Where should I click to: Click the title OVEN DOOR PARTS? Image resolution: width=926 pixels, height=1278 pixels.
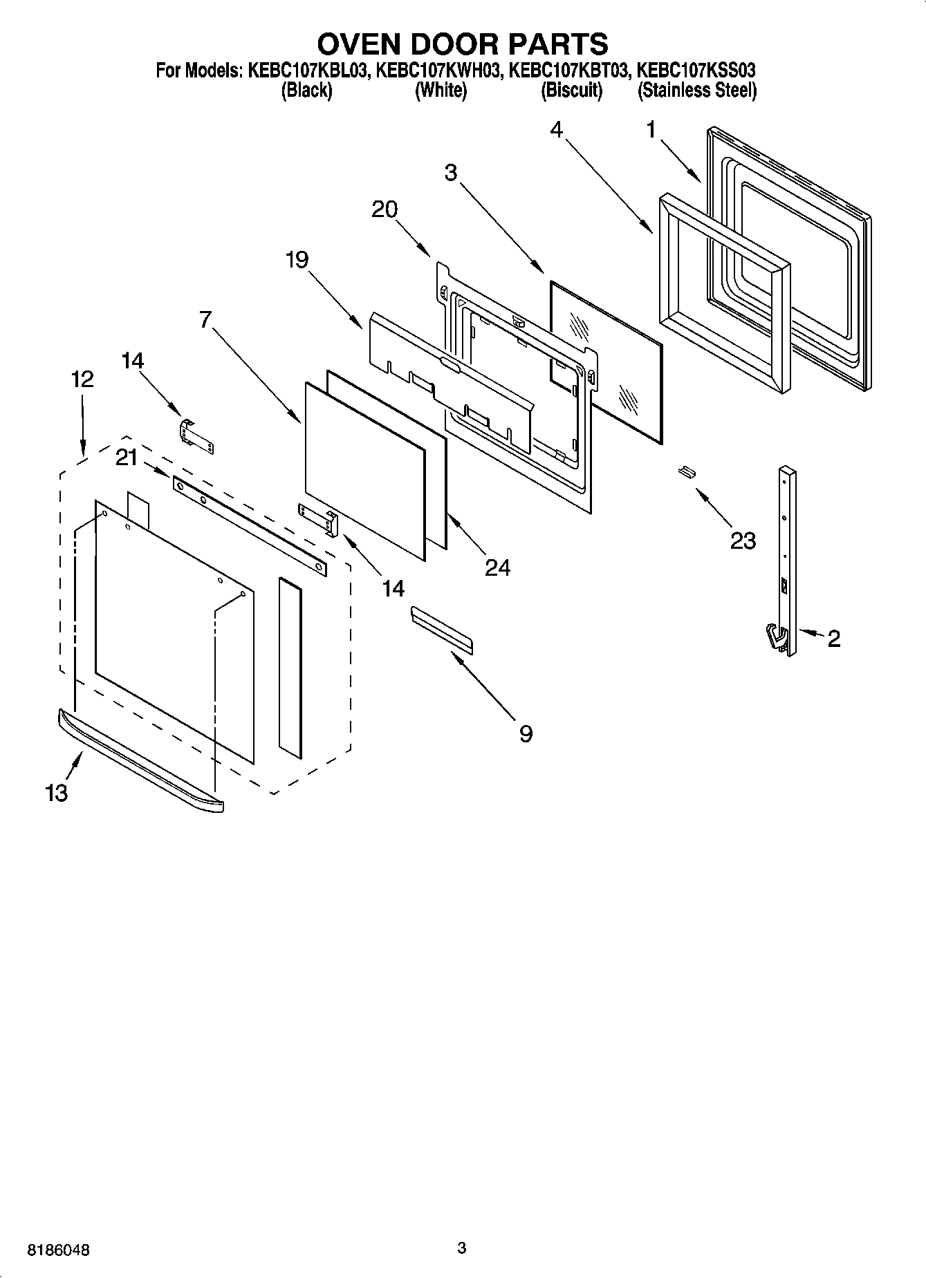click(x=462, y=44)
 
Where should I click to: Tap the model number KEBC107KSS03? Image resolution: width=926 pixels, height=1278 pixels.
click(x=696, y=71)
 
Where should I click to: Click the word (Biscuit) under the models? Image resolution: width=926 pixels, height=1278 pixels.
click(x=571, y=91)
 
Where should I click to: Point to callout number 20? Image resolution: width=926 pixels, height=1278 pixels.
click(x=385, y=209)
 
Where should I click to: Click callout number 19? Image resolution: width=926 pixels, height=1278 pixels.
click(x=297, y=260)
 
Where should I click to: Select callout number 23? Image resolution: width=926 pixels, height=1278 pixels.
click(x=743, y=540)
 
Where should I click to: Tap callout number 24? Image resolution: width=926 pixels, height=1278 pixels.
click(x=497, y=567)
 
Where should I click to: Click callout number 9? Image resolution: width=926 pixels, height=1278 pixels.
click(x=526, y=733)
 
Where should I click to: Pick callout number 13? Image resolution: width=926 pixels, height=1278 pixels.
click(x=57, y=793)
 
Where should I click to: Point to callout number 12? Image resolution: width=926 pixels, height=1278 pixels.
click(x=82, y=379)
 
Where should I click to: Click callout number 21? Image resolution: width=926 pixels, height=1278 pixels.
click(x=127, y=457)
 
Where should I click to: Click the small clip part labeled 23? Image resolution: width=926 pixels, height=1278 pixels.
click(x=686, y=471)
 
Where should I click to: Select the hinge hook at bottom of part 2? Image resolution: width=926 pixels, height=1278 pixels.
click(x=778, y=637)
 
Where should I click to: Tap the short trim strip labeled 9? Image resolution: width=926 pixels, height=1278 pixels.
click(x=442, y=629)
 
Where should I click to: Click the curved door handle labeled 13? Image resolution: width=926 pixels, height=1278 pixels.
click(x=138, y=760)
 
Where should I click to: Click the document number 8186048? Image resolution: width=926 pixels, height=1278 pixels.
click(x=57, y=1250)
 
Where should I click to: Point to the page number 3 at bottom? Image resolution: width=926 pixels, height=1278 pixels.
click(x=462, y=1248)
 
